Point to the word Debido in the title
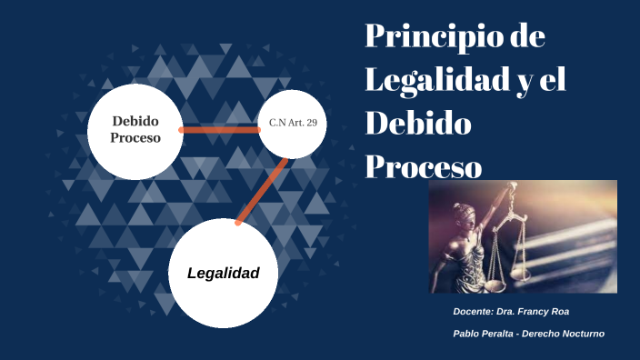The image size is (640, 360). (x=418, y=123)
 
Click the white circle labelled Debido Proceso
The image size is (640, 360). (x=135, y=130)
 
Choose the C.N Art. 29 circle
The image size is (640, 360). (x=293, y=124)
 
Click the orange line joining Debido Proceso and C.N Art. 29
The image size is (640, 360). (x=220, y=130)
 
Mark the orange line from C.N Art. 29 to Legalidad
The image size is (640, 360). (x=262, y=192)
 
